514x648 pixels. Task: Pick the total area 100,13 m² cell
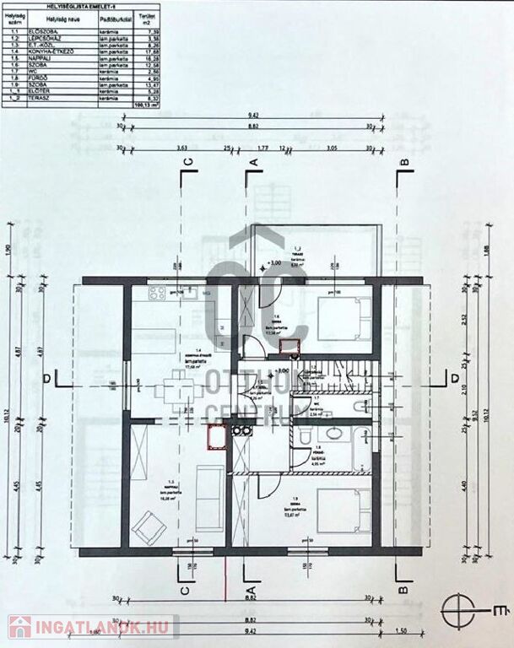coord(144,105)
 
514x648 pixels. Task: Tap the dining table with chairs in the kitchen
coord(178,390)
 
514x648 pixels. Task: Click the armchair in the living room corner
coord(152,528)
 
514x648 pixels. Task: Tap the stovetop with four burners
coord(157,294)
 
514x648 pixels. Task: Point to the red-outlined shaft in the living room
coord(215,437)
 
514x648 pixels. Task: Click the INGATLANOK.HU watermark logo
coord(92,627)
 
